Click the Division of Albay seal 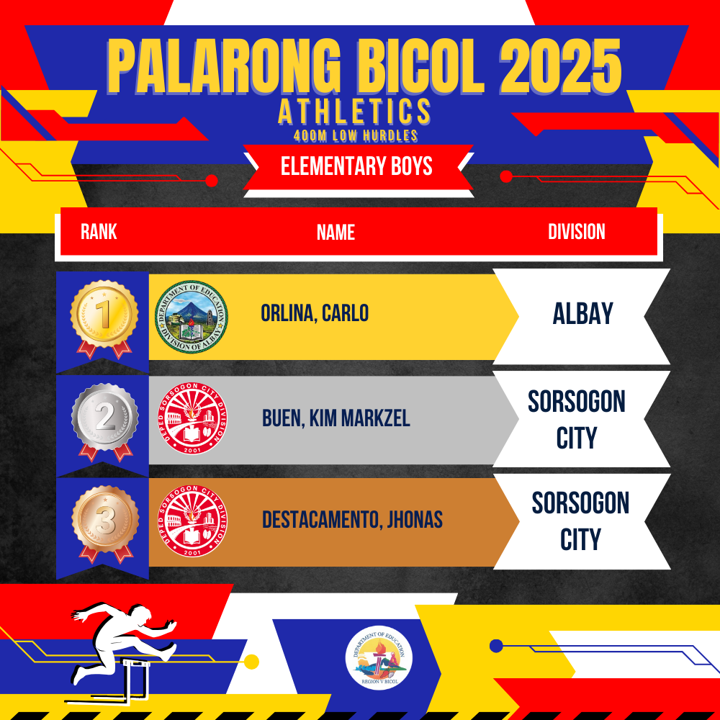(191, 316)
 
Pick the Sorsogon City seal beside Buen (192, 418)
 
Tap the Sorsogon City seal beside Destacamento (192, 521)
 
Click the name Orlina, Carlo (315, 313)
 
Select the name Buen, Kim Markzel (336, 418)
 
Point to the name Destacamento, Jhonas (352, 520)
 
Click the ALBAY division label (582, 313)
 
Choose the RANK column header (99, 231)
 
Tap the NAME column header (336, 232)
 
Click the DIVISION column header (576, 231)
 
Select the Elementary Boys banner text (356, 166)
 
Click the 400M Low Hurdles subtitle (356, 135)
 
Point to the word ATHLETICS (354, 112)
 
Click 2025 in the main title (561, 67)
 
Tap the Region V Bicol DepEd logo (379, 659)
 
